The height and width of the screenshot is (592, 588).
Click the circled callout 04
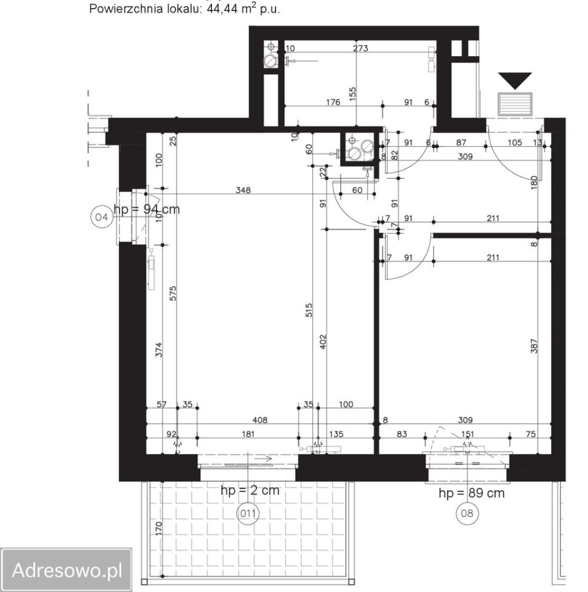point(102,217)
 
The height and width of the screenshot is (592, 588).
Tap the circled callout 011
point(248,513)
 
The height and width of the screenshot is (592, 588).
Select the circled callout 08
point(467,513)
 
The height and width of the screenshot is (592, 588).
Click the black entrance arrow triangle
point(515,80)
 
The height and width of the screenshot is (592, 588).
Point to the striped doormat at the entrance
point(515,104)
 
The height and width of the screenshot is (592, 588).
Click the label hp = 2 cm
point(250,490)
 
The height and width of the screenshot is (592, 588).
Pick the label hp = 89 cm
point(472,493)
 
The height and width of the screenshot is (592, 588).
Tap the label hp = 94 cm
point(147,209)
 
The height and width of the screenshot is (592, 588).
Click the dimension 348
point(243,190)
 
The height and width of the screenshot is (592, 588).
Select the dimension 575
point(173,294)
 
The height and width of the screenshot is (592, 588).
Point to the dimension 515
point(309,310)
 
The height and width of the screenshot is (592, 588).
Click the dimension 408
point(259,420)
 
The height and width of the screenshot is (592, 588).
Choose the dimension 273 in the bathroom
point(361,48)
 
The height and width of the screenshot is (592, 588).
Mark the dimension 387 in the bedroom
point(534,346)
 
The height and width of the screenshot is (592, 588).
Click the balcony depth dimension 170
point(158,528)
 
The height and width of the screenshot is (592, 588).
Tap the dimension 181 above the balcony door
point(248,434)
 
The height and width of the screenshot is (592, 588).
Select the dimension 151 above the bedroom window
point(467,434)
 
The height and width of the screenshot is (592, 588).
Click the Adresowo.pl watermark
point(67,570)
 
